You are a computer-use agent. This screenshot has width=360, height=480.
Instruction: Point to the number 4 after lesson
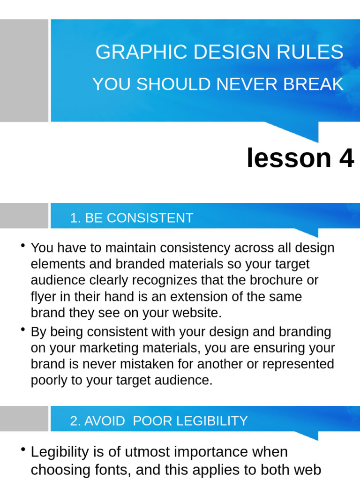click(x=346, y=158)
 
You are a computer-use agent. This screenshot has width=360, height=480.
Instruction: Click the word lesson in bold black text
click(x=289, y=158)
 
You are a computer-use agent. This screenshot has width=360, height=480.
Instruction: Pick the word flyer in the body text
click(x=42, y=297)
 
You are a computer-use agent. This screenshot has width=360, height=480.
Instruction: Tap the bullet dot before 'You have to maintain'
click(x=23, y=246)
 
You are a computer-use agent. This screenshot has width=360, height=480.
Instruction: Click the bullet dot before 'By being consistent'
click(x=23, y=330)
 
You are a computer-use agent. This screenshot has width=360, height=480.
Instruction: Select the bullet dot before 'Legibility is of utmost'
click(x=23, y=450)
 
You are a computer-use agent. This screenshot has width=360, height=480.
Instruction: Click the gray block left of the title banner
click(x=24, y=70)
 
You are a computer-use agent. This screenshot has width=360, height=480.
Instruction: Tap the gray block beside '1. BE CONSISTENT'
click(x=24, y=216)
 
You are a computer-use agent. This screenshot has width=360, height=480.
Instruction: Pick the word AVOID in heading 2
click(x=105, y=421)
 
